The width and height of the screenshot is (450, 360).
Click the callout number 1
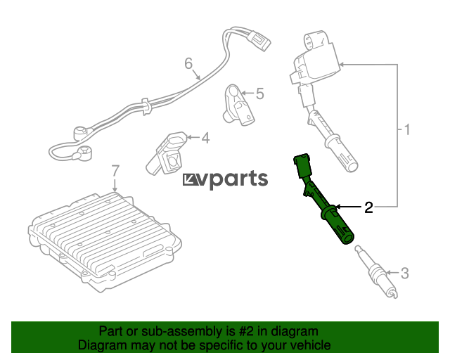click(x=407, y=130)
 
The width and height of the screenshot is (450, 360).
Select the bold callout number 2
click(x=368, y=207)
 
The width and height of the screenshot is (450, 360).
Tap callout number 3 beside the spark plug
click(x=404, y=273)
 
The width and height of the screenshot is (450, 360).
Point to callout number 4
click(x=205, y=138)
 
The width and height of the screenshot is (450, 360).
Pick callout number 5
click(x=259, y=94)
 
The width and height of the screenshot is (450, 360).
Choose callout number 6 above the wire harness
click(x=188, y=63)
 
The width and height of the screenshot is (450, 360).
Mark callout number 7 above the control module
click(x=115, y=171)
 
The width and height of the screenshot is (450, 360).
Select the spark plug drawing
click(x=376, y=271)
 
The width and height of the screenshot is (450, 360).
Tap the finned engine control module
click(x=105, y=241)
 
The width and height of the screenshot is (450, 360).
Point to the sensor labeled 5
click(x=238, y=105)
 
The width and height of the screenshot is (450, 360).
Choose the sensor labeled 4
click(x=166, y=153)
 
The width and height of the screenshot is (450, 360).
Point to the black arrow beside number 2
click(x=348, y=207)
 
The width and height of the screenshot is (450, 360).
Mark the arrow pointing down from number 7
click(x=115, y=185)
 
